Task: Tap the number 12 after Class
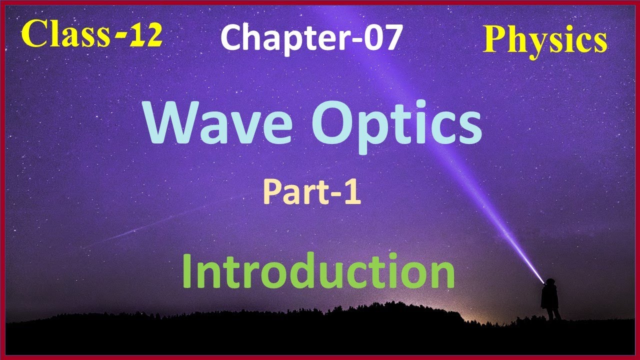144,35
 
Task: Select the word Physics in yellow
544,40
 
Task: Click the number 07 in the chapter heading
382,38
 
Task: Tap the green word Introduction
318,271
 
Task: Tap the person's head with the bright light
549,282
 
